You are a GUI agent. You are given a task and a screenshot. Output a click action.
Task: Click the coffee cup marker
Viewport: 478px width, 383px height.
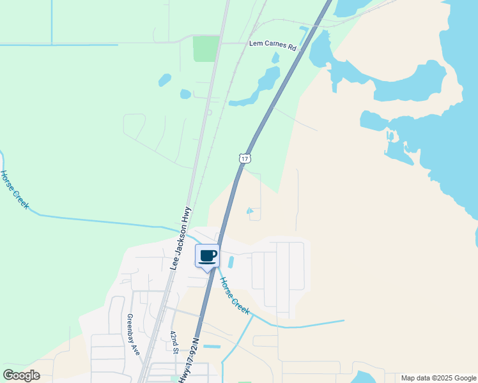click(x=207, y=257)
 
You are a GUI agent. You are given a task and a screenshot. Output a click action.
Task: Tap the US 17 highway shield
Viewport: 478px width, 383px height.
click(x=245, y=158)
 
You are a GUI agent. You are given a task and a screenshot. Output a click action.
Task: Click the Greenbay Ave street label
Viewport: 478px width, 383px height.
click(x=132, y=334)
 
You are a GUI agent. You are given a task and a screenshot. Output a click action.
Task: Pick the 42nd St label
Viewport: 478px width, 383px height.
click(x=174, y=342)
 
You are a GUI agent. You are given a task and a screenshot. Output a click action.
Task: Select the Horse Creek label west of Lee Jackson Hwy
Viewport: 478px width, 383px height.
click(x=14, y=189)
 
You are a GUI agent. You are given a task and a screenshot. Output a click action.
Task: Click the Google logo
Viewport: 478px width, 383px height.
click(x=22, y=375)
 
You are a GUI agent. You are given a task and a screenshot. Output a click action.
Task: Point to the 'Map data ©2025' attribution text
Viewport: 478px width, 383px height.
click(x=438, y=378)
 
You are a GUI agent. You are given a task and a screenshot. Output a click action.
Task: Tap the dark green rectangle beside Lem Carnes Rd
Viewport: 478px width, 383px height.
click(x=206, y=49)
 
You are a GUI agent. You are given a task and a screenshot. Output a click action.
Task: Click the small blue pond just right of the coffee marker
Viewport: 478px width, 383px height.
click(x=231, y=262)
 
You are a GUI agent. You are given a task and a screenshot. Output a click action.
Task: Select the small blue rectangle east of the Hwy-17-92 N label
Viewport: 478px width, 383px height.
click(x=212, y=347)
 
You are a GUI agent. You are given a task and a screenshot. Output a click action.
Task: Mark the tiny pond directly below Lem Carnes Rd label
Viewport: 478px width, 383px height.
click(x=275, y=58)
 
